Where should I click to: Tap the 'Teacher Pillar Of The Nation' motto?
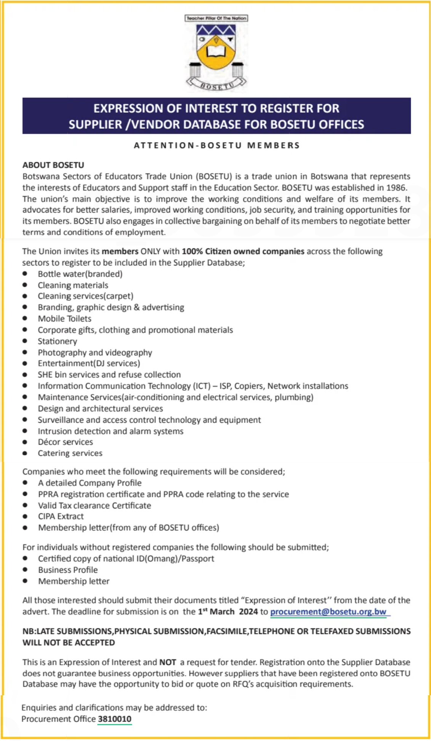(x=216, y=18)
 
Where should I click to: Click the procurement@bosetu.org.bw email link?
(x=328, y=612)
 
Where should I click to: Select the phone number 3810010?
(x=114, y=719)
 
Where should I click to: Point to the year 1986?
(x=396, y=187)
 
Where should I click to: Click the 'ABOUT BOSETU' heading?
(x=53, y=165)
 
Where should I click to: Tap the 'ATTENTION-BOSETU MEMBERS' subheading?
(x=216, y=145)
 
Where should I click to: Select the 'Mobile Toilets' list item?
(x=64, y=318)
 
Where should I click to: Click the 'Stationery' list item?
(x=57, y=341)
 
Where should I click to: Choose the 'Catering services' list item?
(x=70, y=453)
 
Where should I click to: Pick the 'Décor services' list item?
(x=65, y=442)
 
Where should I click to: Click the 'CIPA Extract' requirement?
(x=61, y=516)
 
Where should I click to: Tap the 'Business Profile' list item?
(x=68, y=570)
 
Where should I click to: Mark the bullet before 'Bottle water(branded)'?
(x=25, y=274)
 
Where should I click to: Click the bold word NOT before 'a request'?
(x=168, y=662)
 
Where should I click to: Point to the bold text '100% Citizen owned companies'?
(x=243, y=251)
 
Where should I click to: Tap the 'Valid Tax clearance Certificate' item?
(x=95, y=505)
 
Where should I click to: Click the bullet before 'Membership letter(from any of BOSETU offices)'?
(x=25, y=528)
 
